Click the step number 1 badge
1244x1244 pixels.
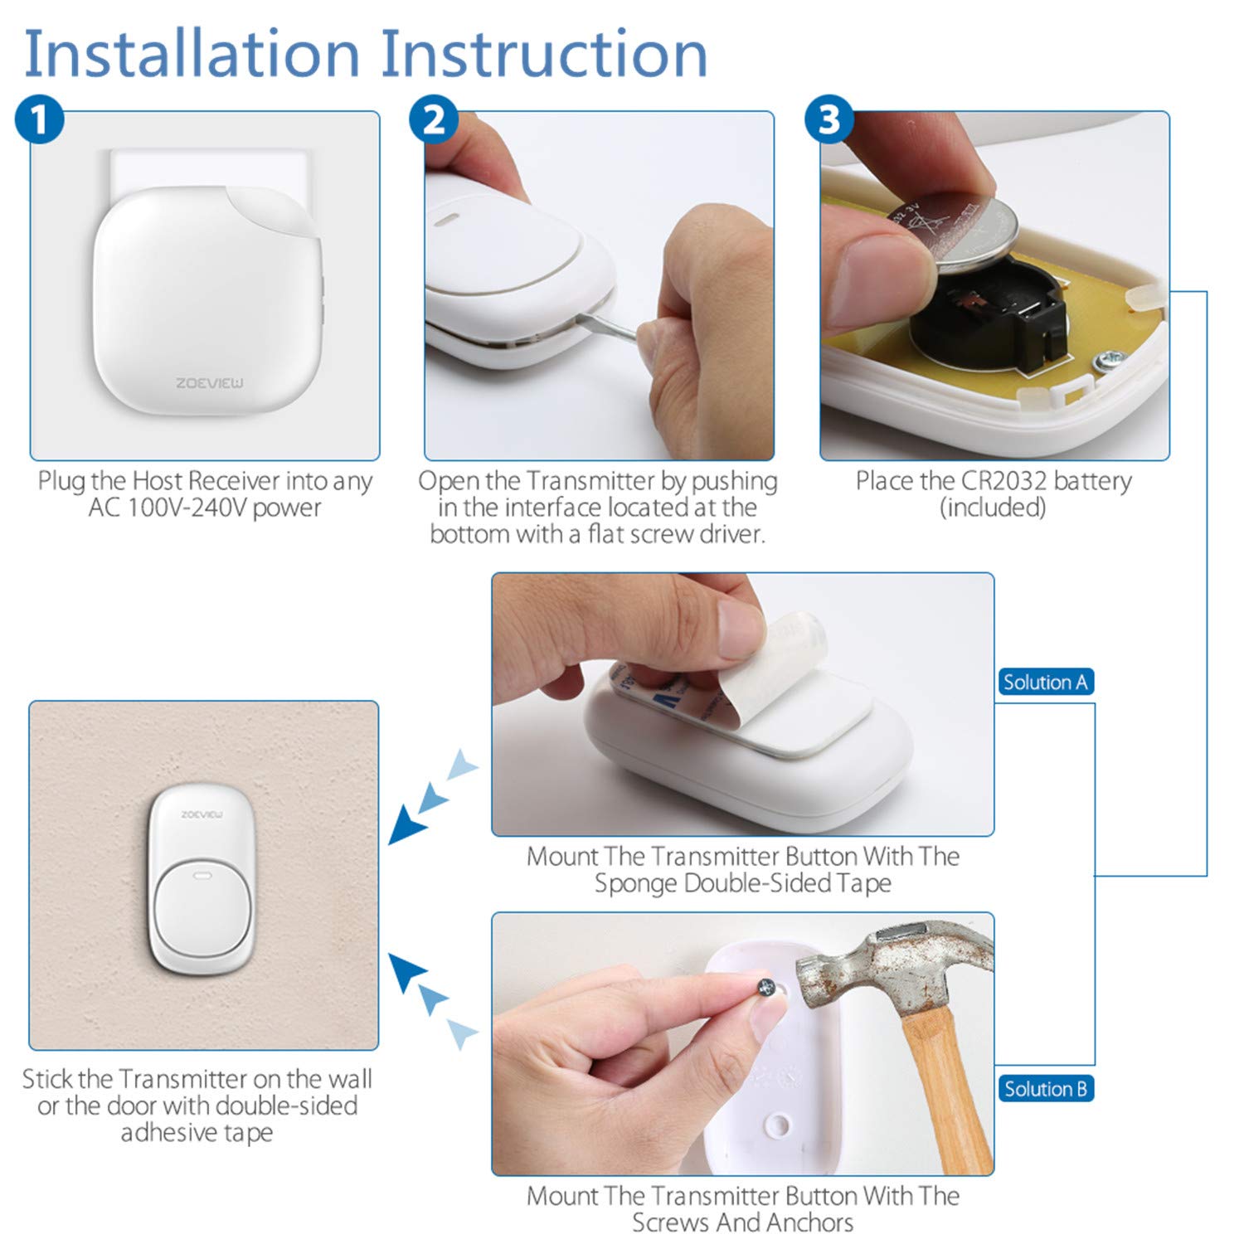point(39,120)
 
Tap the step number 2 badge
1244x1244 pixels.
point(434,120)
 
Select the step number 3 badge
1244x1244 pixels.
point(829,120)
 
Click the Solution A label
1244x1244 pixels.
point(1045,682)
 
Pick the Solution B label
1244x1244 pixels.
point(1045,1088)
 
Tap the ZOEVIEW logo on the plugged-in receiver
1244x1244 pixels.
point(210,383)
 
